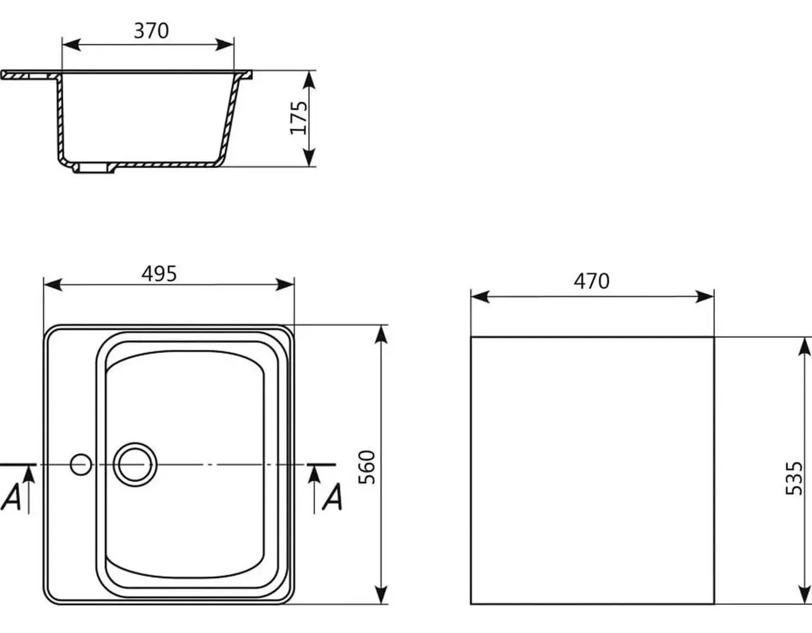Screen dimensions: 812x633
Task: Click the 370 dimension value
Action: pos(151,30)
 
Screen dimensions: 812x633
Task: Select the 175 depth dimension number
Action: pos(298,117)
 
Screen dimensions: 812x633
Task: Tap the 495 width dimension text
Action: pos(159,274)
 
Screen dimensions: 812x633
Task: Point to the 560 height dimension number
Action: pos(366,467)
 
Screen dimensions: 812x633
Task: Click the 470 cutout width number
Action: pos(592,281)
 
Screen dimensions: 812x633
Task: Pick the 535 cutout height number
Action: pos(794,478)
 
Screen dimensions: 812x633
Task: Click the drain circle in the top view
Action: pos(135,465)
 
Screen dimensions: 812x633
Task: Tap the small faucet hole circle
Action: pos(81,465)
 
